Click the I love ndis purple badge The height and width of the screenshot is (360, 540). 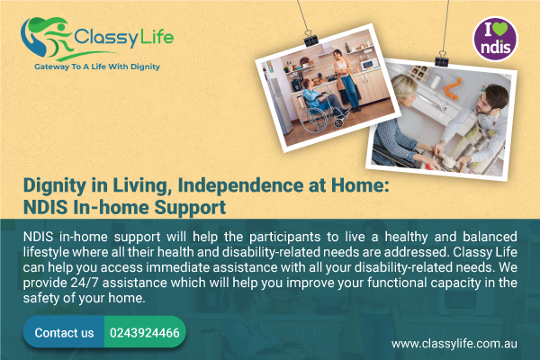tap(495, 40)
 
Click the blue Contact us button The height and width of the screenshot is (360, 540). tap(64, 332)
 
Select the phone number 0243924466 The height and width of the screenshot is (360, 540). tap(145, 333)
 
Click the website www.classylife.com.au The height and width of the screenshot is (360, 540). tap(454, 344)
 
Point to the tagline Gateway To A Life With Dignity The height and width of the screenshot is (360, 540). tap(97, 67)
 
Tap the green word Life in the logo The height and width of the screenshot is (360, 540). tap(157, 36)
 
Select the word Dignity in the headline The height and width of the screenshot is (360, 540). tap(54, 186)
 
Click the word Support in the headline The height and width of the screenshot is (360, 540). tap(190, 208)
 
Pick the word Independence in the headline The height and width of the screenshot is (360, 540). tap(240, 185)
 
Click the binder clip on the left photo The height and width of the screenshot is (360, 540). tap(311, 40)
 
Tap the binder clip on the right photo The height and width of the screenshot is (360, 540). tap(442, 59)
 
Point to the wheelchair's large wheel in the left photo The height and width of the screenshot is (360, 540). tap(314, 119)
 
